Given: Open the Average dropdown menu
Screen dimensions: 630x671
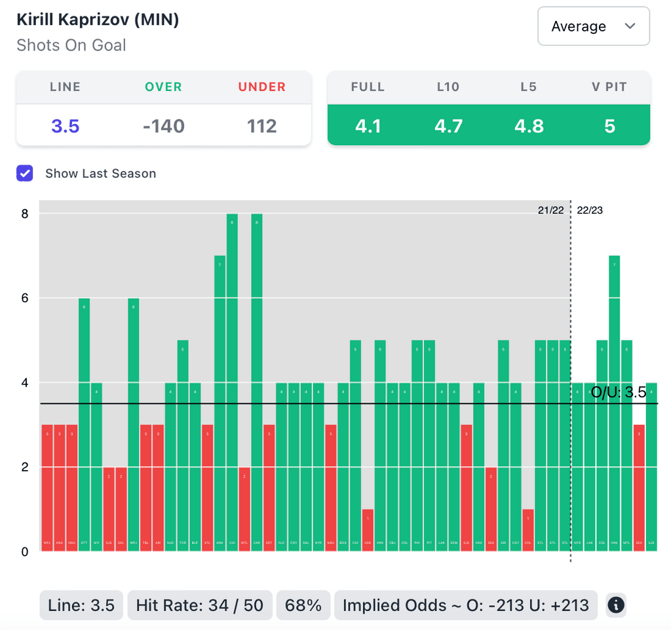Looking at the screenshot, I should click(593, 26).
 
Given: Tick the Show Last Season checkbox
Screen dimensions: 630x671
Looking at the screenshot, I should click(25, 173).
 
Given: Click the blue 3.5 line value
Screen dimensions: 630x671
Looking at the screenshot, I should click(66, 125).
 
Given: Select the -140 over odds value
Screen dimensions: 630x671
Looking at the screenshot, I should click(163, 125).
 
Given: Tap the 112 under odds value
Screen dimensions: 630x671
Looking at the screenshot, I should click(261, 125).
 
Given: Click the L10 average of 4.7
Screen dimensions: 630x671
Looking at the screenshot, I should click(448, 125).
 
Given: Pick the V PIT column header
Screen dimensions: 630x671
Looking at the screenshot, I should click(609, 87).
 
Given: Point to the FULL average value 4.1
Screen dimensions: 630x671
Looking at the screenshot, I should click(368, 125).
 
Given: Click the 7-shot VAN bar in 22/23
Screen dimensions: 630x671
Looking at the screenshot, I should click(614, 403).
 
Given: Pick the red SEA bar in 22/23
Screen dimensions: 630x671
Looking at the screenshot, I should click(639, 488).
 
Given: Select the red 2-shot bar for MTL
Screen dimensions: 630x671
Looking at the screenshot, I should click(244, 509).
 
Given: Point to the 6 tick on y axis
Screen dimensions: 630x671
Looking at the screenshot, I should click(24, 298).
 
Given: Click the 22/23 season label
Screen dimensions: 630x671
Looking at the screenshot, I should click(590, 210).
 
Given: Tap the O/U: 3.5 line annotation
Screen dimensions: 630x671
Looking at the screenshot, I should click(619, 393).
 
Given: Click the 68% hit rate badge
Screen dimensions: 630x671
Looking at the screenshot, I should click(303, 606).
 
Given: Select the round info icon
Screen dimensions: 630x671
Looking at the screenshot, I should click(615, 606).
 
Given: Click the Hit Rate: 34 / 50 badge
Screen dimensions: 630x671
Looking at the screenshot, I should click(199, 606).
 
